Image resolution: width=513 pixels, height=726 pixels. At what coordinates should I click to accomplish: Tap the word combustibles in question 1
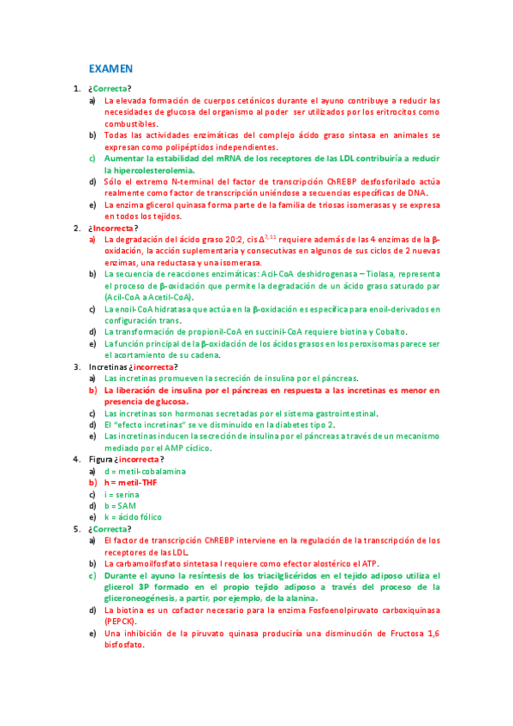(x=130, y=124)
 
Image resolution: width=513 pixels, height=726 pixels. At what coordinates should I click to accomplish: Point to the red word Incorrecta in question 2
(x=112, y=229)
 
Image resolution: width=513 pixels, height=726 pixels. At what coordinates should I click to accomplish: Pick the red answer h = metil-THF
(x=131, y=482)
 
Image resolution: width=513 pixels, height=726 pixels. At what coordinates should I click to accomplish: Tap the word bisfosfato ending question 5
(x=123, y=645)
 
